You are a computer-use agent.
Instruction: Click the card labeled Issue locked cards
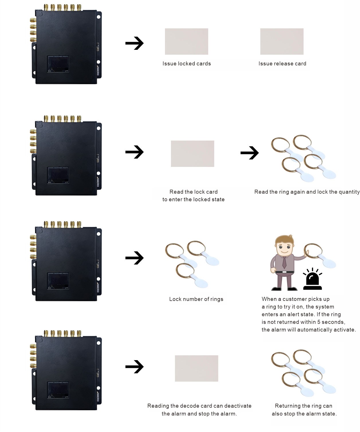pos(186,42)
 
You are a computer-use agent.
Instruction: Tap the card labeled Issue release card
pos(282,42)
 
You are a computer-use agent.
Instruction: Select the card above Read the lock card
pos(192,154)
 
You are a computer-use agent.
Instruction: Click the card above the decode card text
pos(196,368)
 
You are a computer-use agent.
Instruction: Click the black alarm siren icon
pos(312,280)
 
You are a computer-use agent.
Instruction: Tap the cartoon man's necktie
pos(284,262)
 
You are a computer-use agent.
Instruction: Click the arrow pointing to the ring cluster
pos(249,153)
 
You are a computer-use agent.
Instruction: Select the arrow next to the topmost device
pos(134,43)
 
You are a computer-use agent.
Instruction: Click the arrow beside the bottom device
pos(134,367)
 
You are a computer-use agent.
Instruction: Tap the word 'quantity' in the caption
pos(349,192)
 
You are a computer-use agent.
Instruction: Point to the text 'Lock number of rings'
pos(196,299)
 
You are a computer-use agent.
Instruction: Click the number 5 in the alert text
pos(319,322)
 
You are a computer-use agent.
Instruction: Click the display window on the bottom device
pos(58,390)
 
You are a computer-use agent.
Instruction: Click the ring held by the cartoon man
pos(313,251)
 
